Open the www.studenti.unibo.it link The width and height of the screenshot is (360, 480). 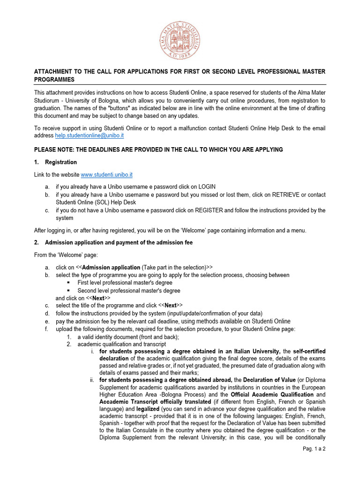pos(107,175)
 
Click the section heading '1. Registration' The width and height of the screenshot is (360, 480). pos(60,162)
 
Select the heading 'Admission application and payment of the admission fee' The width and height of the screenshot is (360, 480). pos(119,242)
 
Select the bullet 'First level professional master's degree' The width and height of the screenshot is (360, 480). pos(125,283)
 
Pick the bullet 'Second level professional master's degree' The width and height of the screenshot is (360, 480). pos(129,291)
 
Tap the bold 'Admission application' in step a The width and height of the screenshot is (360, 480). pos(111,267)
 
